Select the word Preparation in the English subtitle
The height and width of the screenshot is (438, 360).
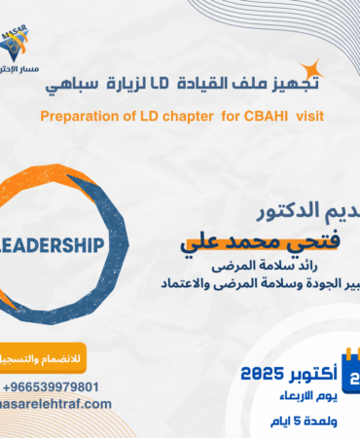coord(80,117)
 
